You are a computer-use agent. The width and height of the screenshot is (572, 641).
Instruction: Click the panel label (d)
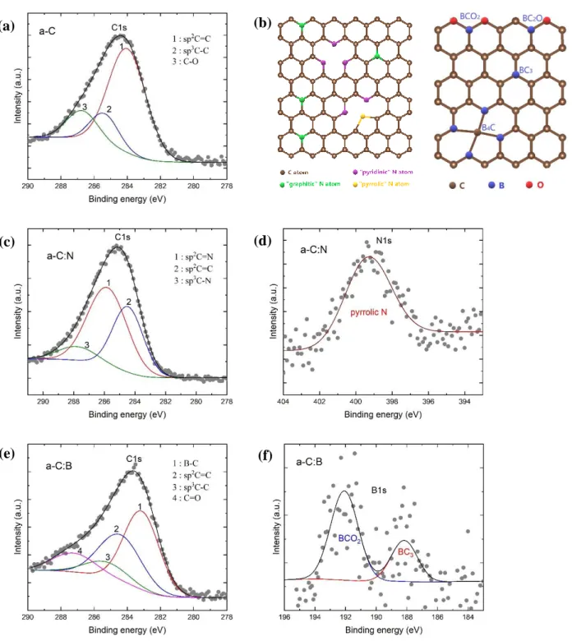[262, 240]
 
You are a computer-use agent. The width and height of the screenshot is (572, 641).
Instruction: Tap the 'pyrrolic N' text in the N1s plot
[368, 312]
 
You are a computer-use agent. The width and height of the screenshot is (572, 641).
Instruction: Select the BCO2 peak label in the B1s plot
[349, 539]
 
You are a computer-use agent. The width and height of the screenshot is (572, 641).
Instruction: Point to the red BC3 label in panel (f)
[405, 552]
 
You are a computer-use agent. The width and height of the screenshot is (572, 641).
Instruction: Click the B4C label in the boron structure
[488, 127]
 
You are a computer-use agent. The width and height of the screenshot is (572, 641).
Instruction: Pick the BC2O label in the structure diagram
[533, 18]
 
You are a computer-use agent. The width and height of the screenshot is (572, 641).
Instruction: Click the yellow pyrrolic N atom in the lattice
[362, 117]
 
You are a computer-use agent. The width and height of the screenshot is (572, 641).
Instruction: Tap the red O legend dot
[529, 185]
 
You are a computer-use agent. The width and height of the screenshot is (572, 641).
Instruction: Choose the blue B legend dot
[491, 185]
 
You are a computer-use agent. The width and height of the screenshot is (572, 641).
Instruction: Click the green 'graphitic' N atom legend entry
[310, 184]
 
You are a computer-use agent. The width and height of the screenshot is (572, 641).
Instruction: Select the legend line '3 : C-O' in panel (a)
[185, 62]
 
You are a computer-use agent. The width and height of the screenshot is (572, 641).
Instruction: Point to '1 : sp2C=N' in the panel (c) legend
[193, 256]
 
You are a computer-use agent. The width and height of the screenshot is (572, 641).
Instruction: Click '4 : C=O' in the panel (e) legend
[187, 498]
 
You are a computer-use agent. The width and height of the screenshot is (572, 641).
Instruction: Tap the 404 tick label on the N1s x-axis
[283, 401]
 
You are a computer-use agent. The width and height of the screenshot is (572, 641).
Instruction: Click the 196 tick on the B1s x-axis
[284, 617]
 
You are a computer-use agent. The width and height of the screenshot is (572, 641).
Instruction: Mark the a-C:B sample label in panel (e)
[59, 466]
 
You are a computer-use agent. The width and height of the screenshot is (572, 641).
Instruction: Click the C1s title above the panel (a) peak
[119, 27]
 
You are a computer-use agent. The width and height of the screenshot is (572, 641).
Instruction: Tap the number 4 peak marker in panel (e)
[80, 551]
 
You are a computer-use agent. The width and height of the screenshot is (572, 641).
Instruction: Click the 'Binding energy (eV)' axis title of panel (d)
[383, 414]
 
